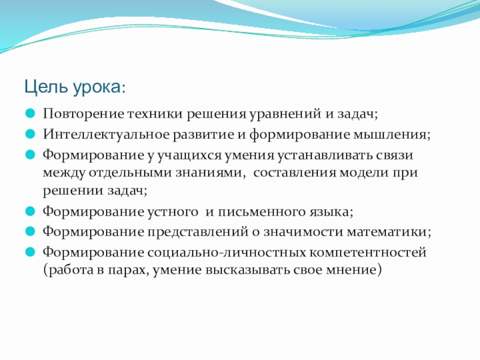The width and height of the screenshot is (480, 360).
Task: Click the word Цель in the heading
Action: pos(46,87)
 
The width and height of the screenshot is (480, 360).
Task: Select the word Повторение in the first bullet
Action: pos(83,114)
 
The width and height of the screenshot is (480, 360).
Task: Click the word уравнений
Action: pos(285,115)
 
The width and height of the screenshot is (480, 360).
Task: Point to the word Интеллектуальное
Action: pos(106,134)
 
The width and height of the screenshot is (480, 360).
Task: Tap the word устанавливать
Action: pos(325,156)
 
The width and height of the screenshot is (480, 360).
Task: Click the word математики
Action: pos(389,232)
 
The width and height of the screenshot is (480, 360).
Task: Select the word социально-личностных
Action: pos(226,253)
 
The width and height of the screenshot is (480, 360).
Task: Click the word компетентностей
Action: pos(368,253)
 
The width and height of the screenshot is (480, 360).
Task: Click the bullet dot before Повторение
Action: pos(31,113)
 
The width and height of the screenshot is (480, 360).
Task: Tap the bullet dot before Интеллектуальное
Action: pos(31,134)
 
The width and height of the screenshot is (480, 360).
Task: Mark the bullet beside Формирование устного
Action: pos(31,212)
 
